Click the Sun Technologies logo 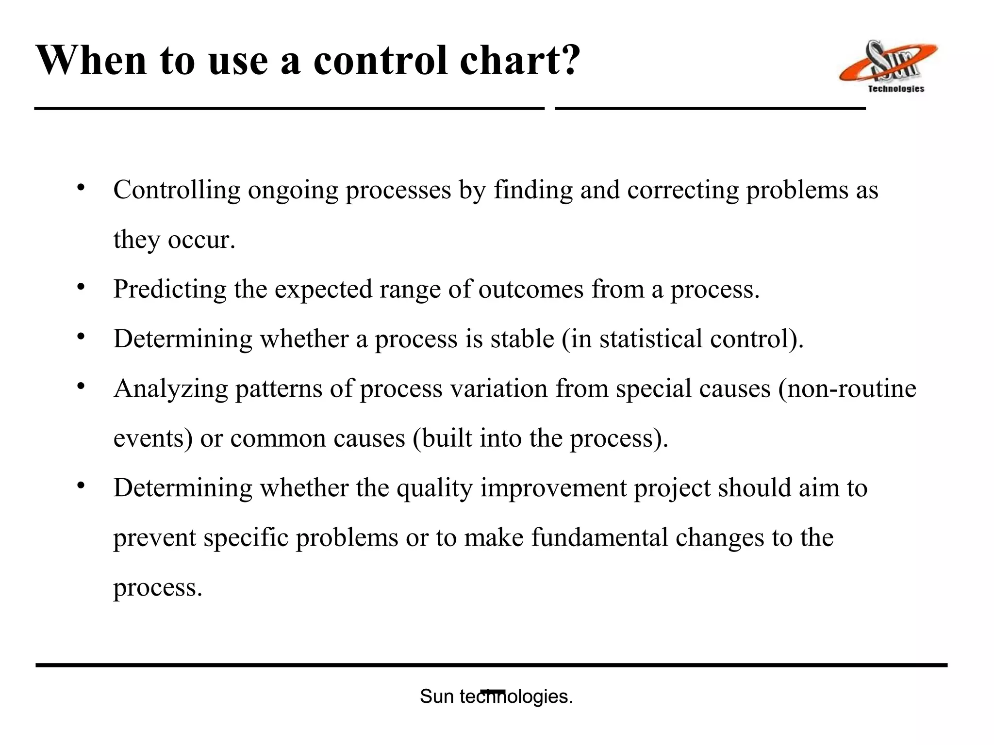888,65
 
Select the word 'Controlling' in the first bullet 177,190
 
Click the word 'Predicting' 169,289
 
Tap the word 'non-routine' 851,389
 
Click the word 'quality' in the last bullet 434,488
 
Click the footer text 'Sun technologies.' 496,696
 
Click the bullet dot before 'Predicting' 81,287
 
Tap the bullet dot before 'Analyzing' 81,386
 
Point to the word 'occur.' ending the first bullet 201,240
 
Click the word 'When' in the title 91,61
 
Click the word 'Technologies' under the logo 896,89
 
